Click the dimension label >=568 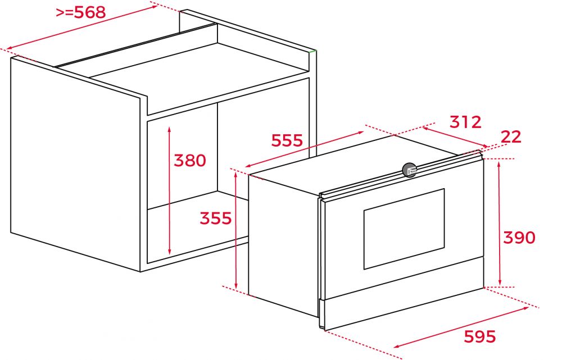tap(81, 12)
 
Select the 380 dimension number tap(189, 161)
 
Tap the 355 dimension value tap(215, 218)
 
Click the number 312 tap(465, 122)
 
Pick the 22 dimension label tap(511, 136)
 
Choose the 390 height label tap(519, 238)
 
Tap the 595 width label tap(480, 336)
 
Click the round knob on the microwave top tap(410, 170)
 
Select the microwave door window tap(404, 229)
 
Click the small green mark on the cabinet tap(313, 52)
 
